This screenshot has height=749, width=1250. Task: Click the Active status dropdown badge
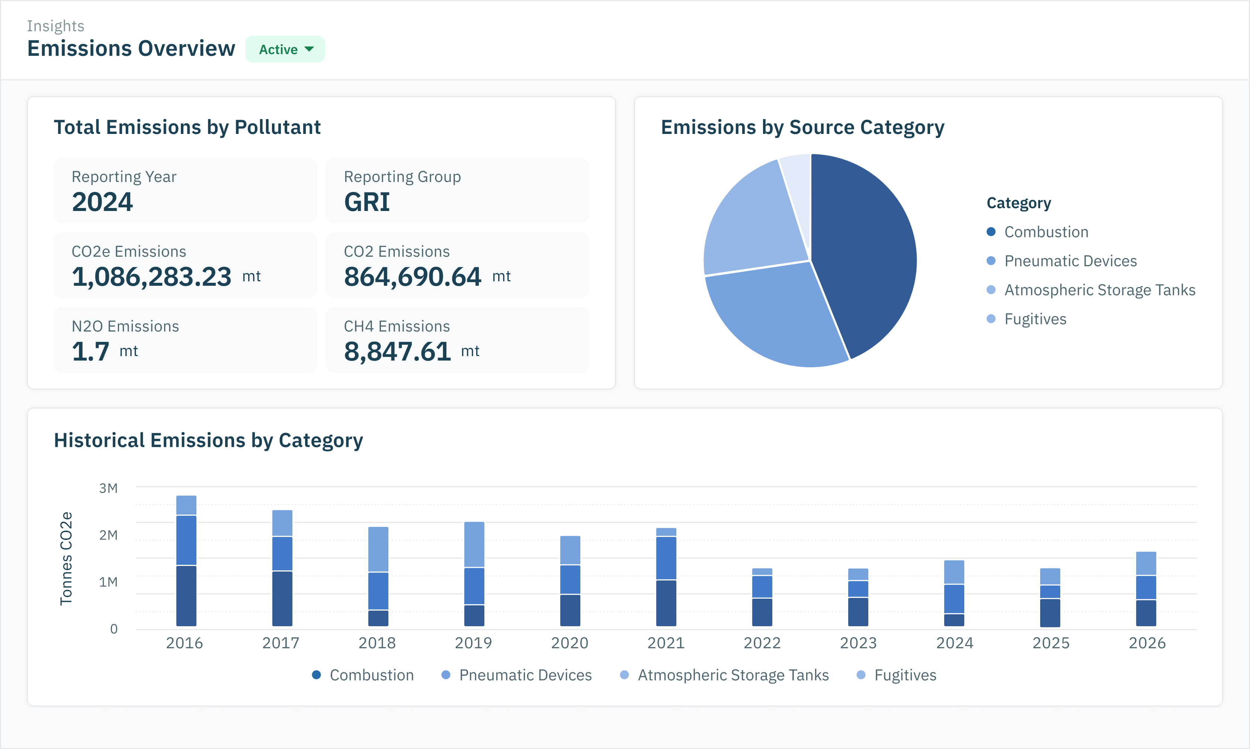tap(285, 49)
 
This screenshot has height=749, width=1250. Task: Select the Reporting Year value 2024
tap(102, 202)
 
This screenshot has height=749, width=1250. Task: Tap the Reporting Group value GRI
tap(367, 202)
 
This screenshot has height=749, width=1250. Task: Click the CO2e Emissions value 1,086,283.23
tap(151, 276)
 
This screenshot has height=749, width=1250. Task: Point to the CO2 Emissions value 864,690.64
tap(413, 276)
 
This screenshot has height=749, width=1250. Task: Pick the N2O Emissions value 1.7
tap(90, 351)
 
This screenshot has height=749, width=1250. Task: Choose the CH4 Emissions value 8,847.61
tap(397, 351)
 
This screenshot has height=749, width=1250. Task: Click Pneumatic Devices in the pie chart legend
tap(1070, 261)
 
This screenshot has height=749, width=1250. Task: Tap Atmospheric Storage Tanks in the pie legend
tap(1100, 290)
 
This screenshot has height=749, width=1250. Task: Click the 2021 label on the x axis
tap(666, 643)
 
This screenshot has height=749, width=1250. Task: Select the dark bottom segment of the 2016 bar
tap(186, 596)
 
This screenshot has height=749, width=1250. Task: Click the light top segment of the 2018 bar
tap(378, 549)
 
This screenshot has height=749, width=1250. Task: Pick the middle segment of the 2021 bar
tap(666, 558)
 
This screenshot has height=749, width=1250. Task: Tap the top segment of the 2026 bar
tap(1146, 563)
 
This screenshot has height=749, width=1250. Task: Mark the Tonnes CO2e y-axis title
tap(66, 558)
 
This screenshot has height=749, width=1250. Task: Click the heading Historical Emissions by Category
tap(208, 440)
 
